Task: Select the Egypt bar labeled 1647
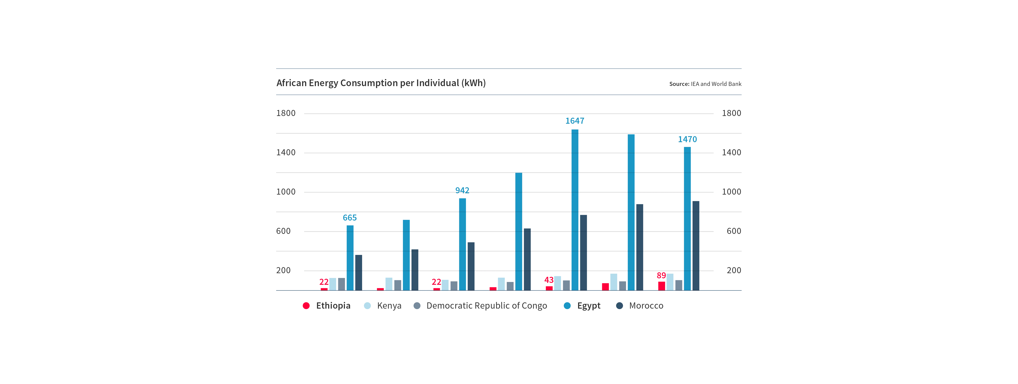[575, 209]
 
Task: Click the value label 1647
[575, 121]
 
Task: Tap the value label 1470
[687, 139]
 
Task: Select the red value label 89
[661, 275]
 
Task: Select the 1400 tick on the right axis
[732, 152]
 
